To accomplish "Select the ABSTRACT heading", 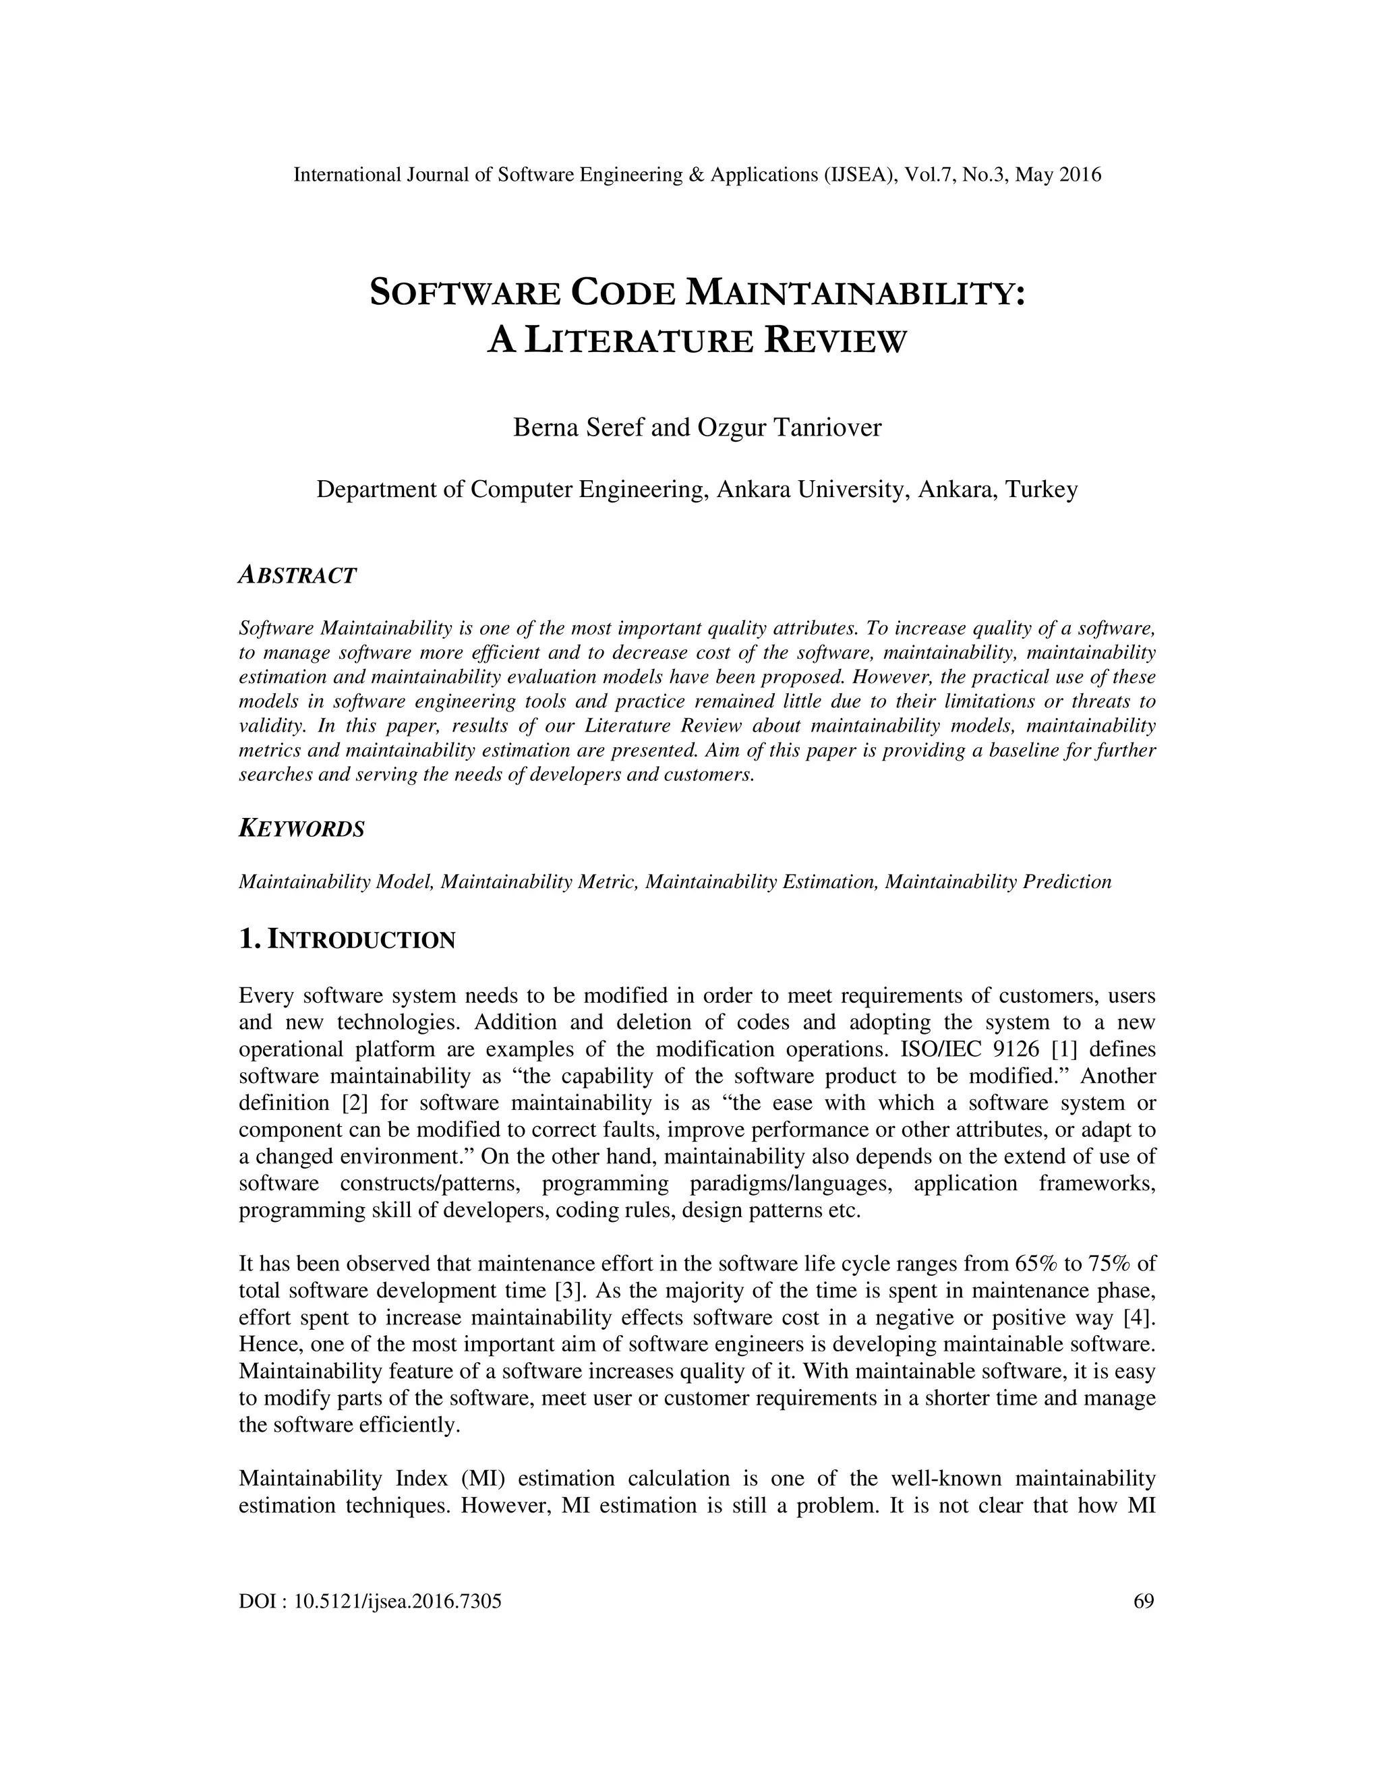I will pos(297,575).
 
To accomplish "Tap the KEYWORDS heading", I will pos(301,829).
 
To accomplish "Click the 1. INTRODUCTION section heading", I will pos(347,940).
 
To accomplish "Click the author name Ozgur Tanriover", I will pos(789,427).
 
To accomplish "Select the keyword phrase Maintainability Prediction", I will pos(998,882).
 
